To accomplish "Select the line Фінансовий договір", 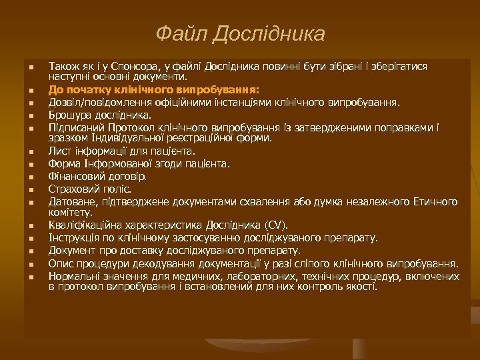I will pos(97,177).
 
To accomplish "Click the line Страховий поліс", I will pos(89,189).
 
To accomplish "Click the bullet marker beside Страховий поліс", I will pos(31,189).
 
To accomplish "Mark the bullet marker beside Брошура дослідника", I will pos(31,115).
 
